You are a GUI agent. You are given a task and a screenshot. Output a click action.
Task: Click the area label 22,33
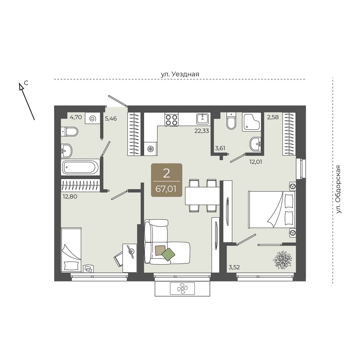202,131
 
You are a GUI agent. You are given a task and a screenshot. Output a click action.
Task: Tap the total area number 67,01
166,189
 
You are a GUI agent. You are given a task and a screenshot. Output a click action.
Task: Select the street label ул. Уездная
180,74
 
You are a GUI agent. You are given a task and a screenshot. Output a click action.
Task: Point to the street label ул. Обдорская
338,189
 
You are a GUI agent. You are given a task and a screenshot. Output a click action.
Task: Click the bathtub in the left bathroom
80,167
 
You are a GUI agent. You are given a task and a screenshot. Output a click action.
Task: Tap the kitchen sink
203,118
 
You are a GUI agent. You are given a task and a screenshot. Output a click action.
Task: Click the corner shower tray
251,122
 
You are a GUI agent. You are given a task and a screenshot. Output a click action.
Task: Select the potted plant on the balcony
282,260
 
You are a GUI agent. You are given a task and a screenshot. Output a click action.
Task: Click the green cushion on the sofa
168,254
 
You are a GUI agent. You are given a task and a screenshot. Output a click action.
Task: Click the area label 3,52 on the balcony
234,267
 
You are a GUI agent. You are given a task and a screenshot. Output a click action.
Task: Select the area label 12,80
70,196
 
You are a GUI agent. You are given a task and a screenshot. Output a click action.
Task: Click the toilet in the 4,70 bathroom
69,131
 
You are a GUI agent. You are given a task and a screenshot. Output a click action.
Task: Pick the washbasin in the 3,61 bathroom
255,144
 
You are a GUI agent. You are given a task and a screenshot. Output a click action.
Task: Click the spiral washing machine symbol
93,118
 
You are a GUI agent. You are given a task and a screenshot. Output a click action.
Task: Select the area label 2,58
273,117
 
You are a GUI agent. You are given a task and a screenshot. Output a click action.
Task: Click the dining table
202,196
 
